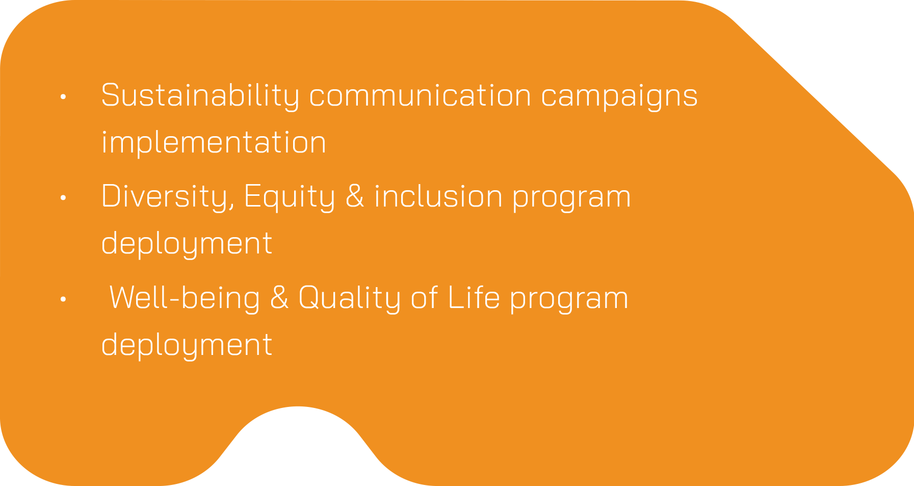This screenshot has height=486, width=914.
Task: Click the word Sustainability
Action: [x=200, y=96]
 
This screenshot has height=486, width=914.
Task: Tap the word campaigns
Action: [x=619, y=97]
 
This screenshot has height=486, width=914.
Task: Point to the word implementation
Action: [x=214, y=143]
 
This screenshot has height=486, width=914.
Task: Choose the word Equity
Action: [x=290, y=197]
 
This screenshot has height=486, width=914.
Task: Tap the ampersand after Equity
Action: [x=355, y=196]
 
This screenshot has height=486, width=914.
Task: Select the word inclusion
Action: [x=438, y=196]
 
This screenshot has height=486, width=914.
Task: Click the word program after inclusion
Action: [x=572, y=198]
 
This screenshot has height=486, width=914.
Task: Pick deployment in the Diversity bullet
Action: [x=187, y=244]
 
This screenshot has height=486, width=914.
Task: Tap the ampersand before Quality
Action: [x=279, y=297]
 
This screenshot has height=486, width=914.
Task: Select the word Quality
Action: [x=349, y=298]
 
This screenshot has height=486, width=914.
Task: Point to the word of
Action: [x=424, y=297]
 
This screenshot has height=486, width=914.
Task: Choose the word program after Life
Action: [x=569, y=300]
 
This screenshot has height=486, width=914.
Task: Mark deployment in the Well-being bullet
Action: [x=187, y=345]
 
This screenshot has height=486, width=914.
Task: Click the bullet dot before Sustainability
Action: [x=63, y=96]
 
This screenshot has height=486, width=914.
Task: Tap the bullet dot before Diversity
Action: [x=63, y=197]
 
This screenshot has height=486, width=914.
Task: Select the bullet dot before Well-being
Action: [x=63, y=299]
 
